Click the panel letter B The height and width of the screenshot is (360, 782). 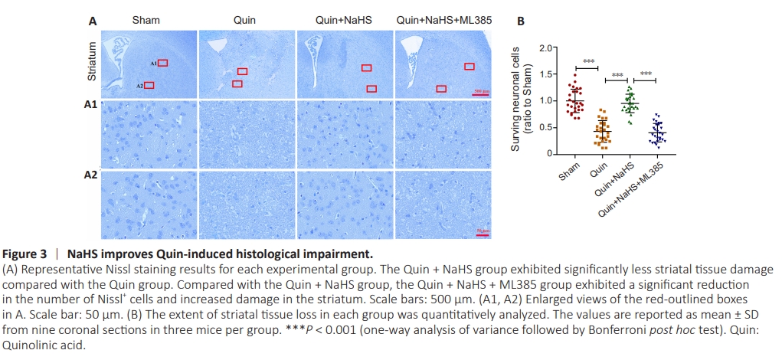pos(521,22)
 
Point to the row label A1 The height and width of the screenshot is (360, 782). pos(90,104)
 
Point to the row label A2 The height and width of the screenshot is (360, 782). pos(90,175)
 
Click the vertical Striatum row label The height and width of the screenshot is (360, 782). pos(90,63)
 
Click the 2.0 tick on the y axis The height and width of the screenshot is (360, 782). pos(545,48)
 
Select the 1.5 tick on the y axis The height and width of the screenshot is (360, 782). pos(545,74)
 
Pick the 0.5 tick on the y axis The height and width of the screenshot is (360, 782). pos(545,127)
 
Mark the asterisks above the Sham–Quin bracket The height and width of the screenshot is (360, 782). pos(589,61)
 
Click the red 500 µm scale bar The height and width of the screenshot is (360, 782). pos(482,95)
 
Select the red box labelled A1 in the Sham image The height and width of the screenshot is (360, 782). pos(162,64)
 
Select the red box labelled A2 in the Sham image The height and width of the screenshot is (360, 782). pos(149,84)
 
